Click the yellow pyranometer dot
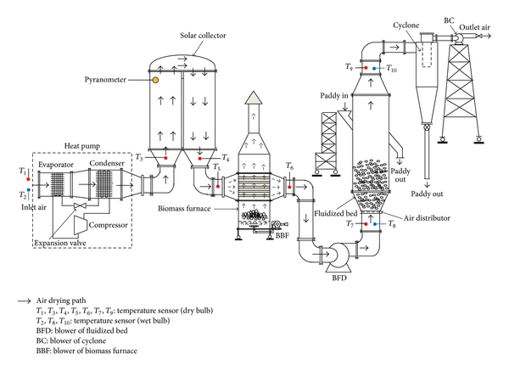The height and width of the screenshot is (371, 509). [155, 80]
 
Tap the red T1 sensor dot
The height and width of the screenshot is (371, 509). [28, 179]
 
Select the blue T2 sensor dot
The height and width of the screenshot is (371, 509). [29, 190]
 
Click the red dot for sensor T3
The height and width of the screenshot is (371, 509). [165, 158]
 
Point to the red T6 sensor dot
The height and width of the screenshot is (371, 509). [289, 187]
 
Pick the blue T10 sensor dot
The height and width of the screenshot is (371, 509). [374, 69]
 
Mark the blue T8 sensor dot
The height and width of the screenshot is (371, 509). [375, 224]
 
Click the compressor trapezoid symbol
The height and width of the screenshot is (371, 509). [81, 224]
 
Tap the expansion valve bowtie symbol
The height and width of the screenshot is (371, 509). [80, 205]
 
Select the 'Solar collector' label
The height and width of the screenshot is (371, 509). [203, 36]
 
